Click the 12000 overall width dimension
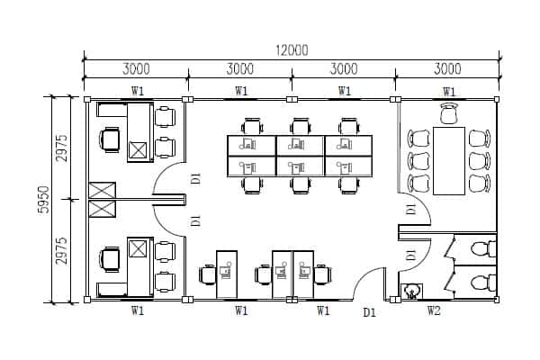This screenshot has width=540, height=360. tap(291, 49)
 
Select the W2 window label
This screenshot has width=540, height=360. tap(434, 311)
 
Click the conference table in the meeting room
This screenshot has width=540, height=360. tap(448, 160)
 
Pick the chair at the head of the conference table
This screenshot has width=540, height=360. tap(449, 113)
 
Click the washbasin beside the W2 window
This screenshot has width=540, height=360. tap(412, 291)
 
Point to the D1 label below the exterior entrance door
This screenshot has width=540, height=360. tap(369, 312)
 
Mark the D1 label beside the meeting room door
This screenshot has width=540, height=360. tap(410, 209)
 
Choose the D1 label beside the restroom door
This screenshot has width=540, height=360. tap(410, 256)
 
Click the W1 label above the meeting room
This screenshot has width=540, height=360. tap(448, 91)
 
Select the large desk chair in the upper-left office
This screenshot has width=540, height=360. tap(110, 140)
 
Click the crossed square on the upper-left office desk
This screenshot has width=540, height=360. tap(139, 150)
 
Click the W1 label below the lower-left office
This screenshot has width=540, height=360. tap(138, 311)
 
